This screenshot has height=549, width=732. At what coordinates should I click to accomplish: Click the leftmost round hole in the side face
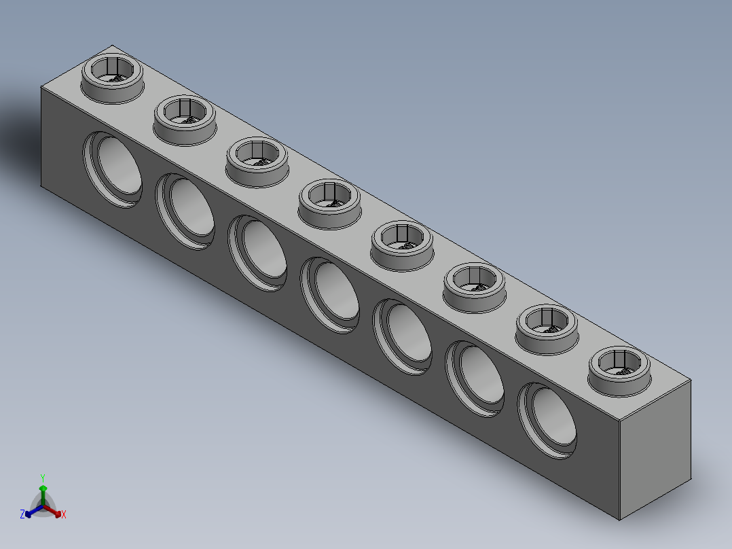tap(113, 169)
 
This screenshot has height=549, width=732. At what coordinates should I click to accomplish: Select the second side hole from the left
tap(186, 211)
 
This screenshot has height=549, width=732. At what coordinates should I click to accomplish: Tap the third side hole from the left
tap(258, 252)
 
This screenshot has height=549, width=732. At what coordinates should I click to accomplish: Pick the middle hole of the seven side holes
tap(331, 294)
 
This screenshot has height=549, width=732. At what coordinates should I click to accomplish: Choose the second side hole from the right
tap(476, 378)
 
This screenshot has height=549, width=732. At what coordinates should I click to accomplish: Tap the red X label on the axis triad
tap(64, 515)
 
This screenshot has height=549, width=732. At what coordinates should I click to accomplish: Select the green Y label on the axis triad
tap(43, 478)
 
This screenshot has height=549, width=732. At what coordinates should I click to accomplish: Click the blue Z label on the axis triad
tap(22, 515)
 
